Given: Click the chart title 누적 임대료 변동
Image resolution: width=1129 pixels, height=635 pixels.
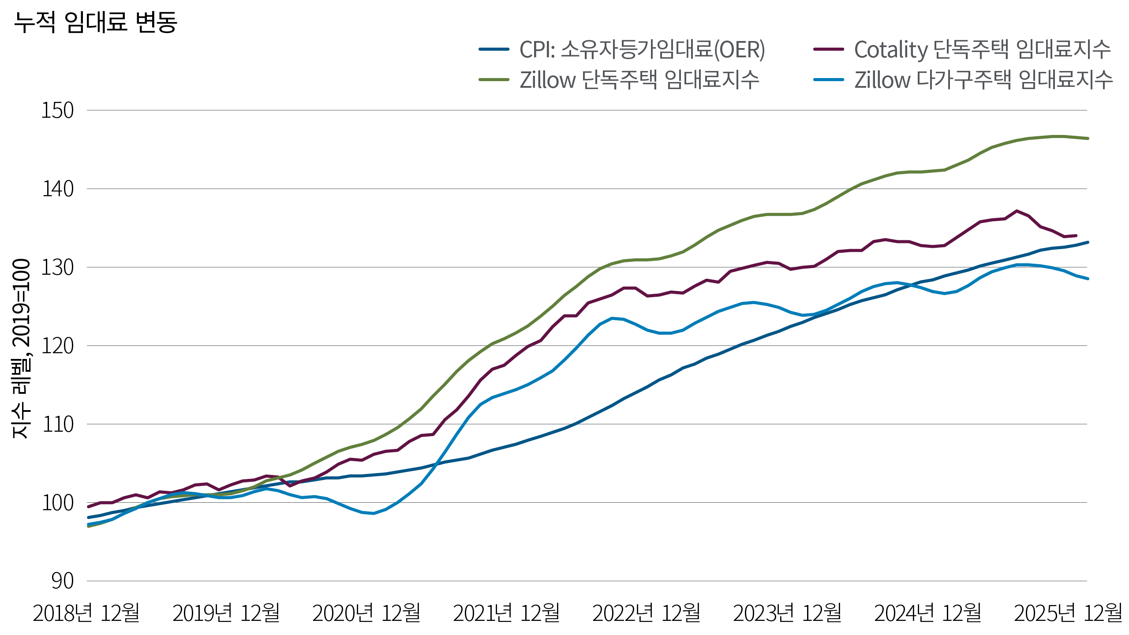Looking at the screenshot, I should coord(95,22).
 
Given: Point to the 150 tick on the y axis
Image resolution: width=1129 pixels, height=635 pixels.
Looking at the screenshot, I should coord(57,111).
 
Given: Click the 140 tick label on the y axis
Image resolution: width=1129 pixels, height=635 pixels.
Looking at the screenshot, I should coord(57,189).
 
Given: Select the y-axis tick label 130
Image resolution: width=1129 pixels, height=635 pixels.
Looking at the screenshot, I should coord(57,268).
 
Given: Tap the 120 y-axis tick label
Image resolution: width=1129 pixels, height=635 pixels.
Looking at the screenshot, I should coord(57,346).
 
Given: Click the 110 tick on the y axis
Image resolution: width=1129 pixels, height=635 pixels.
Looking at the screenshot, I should coord(57,425).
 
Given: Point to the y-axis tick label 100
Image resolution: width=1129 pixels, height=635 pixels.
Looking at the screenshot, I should coord(57,503).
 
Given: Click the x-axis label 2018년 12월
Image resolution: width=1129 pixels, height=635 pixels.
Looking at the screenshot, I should coord(86,613).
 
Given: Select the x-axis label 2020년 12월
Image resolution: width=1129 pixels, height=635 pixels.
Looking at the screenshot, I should coord(366,613).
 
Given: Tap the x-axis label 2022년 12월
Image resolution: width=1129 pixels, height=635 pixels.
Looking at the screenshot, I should coord(646,613).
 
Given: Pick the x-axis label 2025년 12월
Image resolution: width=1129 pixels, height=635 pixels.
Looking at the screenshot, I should coord(1068,613).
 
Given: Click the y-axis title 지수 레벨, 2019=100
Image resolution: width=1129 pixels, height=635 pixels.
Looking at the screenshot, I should coord(21,348).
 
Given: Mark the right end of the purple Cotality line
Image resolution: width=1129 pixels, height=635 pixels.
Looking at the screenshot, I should coord(1077,235).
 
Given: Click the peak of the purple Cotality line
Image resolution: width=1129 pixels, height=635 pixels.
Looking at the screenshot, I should coord(1016,211).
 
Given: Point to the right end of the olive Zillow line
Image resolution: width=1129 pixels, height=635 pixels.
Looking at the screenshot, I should coord(1088,138).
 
